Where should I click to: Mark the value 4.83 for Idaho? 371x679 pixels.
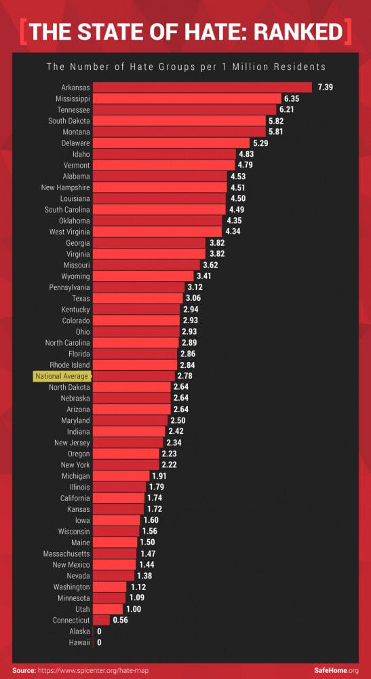pyautogui.click(x=246, y=155)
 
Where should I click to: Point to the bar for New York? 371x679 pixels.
pyautogui.click(x=125, y=464)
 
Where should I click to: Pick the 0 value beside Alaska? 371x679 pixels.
pyautogui.click(x=99, y=631)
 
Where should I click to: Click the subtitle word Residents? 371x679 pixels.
pyautogui.click(x=300, y=67)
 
